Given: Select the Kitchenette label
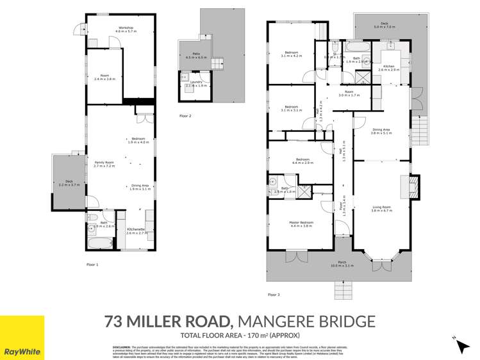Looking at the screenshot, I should [x=137, y=231].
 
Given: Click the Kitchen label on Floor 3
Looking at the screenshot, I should [x=392, y=67].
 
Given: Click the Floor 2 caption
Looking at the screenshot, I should [x=185, y=116].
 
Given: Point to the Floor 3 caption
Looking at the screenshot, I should [x=274, y=295].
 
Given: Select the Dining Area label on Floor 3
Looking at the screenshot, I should [x=381, y=131].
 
